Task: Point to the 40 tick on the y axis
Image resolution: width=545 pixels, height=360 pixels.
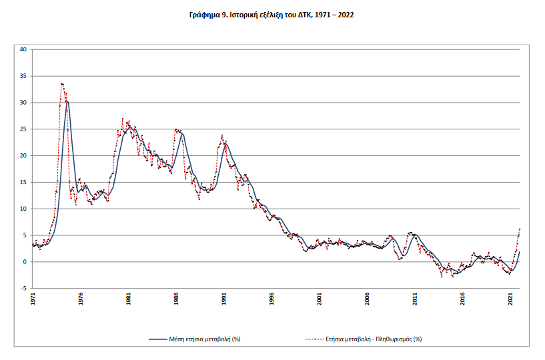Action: coord(23,49)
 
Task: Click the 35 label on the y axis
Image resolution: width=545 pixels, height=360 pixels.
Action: coord(23,76)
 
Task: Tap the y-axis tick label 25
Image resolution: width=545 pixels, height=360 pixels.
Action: coord(23,129)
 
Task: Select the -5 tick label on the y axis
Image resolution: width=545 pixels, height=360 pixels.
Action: coord(24,289)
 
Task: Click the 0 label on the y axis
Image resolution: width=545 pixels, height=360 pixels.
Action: coord(25,262)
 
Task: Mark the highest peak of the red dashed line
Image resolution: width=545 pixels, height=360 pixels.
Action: coord(62,83)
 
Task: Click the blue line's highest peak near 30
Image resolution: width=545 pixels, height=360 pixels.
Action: coord(67,101)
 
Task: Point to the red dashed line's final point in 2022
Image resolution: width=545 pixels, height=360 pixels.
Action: coord(520,229)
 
